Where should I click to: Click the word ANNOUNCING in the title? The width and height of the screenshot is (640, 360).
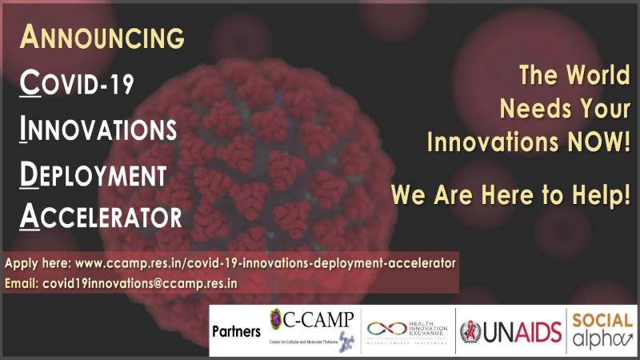coord(102,37)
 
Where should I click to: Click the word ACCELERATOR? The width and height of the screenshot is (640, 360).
coord(101,216)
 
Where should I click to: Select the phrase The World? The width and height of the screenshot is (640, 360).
coord(574,77)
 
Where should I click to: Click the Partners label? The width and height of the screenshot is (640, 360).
coord(236,330)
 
